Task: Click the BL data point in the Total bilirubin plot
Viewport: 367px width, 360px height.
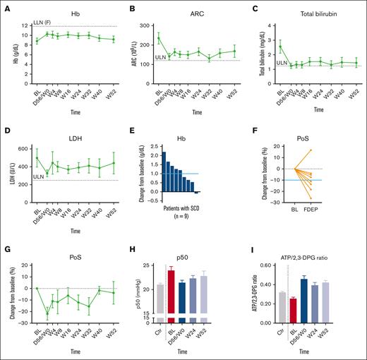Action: coord(282,47)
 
